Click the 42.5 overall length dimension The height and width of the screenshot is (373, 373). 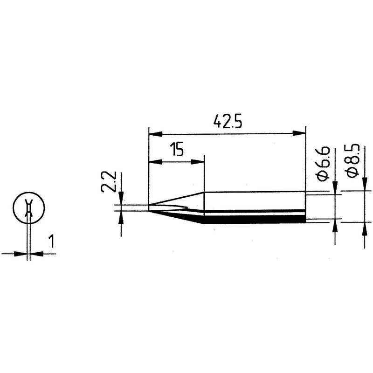[228, 121]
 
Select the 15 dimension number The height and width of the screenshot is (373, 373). [177, 149]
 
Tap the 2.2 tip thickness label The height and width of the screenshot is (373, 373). [108, 181]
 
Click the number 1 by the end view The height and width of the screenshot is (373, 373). [51, 241]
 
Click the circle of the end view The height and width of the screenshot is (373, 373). [28, 207]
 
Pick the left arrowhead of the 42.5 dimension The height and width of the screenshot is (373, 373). [155, 134]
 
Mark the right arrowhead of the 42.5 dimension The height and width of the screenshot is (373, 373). [299, 133]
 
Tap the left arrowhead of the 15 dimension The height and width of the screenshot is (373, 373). [155, 162]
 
